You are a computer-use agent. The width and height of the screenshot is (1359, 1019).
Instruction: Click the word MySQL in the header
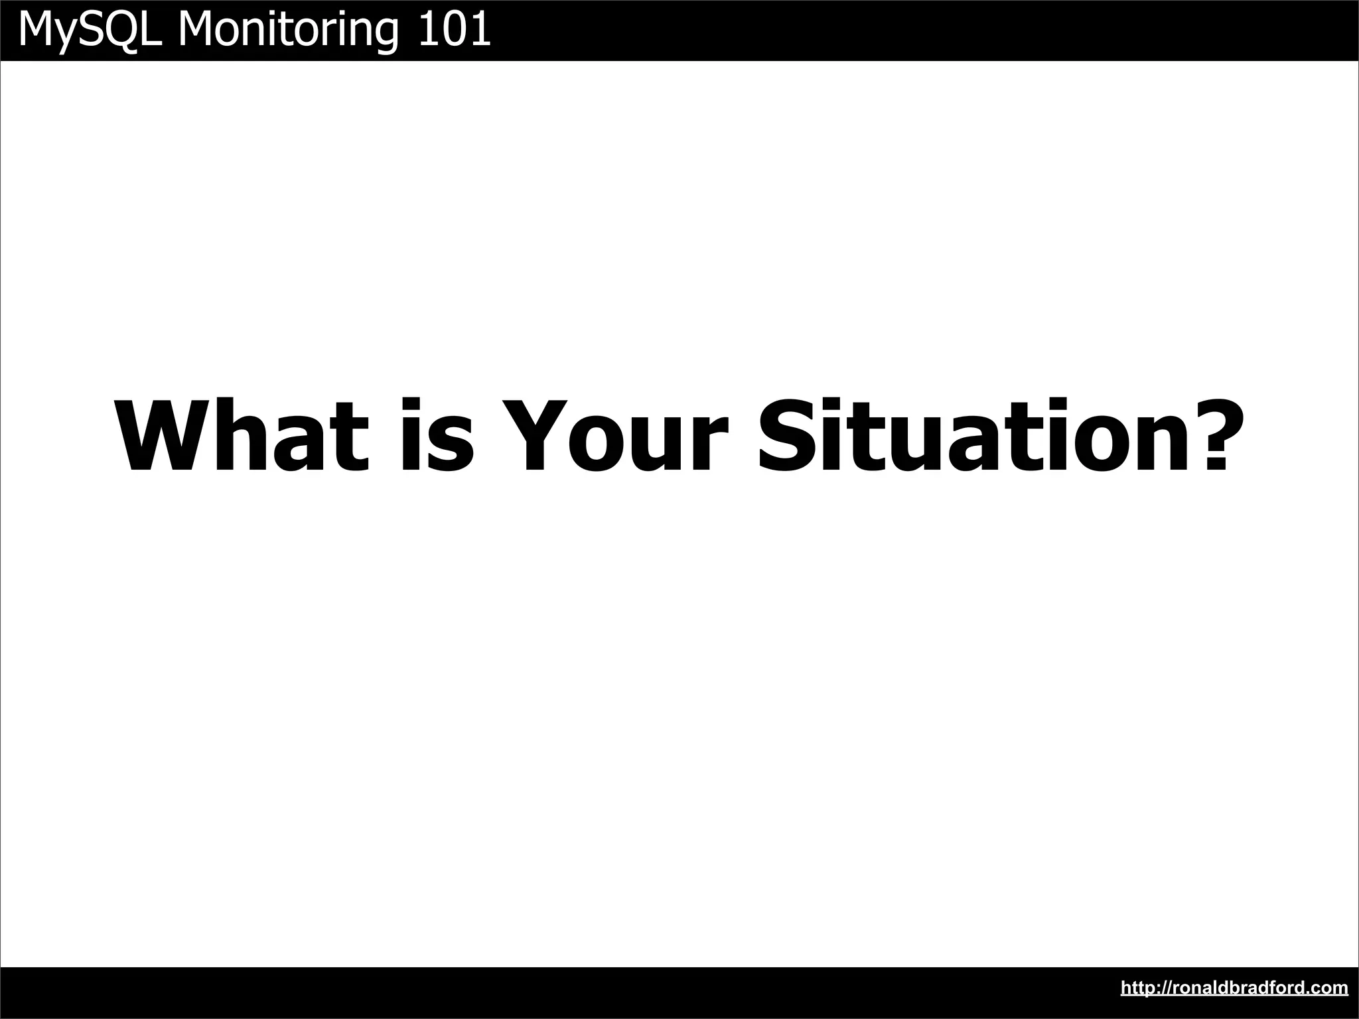[x=90, y=30]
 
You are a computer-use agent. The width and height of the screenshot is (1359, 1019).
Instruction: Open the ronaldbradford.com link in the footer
[x=1234, y=988]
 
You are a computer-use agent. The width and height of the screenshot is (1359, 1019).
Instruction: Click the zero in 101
[x=455, y=30]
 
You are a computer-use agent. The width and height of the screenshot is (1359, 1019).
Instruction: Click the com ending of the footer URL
[x=1332, y=988]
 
